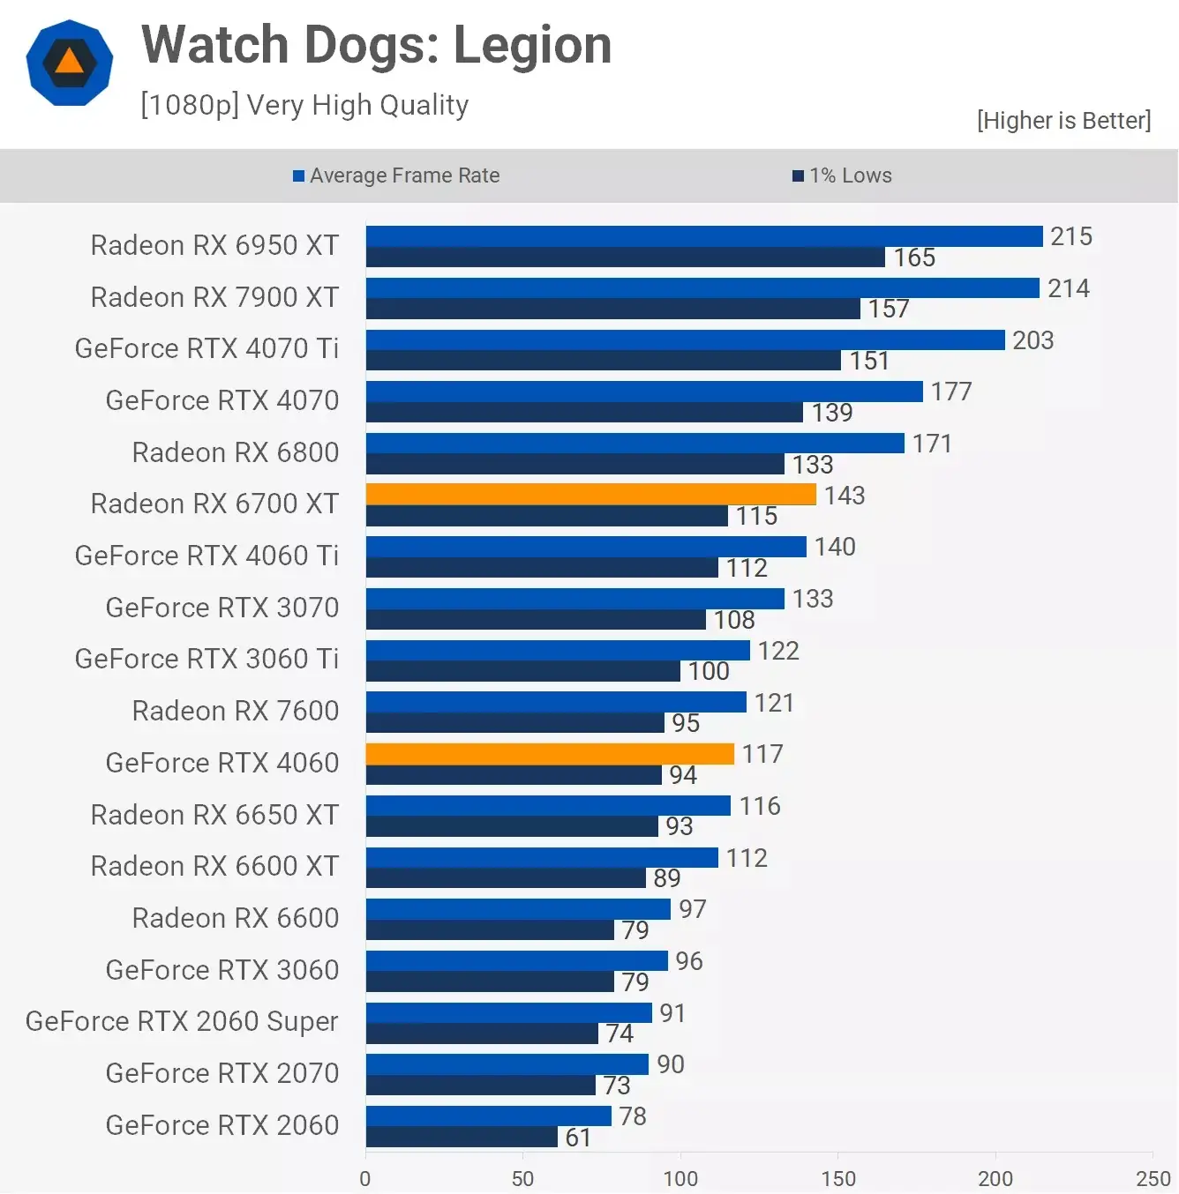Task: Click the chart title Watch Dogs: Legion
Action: (x=376, y=45)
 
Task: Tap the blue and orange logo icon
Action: (x=70, y=63)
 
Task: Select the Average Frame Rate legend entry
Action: (x=396, y=175)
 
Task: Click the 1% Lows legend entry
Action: (x=843, y=175)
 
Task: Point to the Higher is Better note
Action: (x=1063, y=120)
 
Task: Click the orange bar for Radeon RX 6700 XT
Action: (x=590, y=495)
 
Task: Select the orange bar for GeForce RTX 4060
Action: (x=550, y=754)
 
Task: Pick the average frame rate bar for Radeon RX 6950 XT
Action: (x=704, y=236)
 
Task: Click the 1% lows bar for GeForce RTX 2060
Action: (x=462, y=1138)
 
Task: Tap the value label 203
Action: (x=1033, y=340)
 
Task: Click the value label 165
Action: (x=914, y=257)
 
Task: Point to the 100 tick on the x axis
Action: (x=680, y=1179)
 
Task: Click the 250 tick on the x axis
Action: (x=1153, y=1179)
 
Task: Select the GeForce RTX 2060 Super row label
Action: (x=182, y=1021)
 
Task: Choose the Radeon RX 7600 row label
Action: (x=235, y=711)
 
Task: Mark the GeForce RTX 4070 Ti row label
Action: (x=207, y=348)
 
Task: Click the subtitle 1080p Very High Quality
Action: (x=304, y=105)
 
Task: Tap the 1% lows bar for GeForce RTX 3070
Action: (x=536, y=620)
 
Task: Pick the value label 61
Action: (x=578, y=1138)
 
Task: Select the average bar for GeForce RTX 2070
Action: (x=507, y=1064)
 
